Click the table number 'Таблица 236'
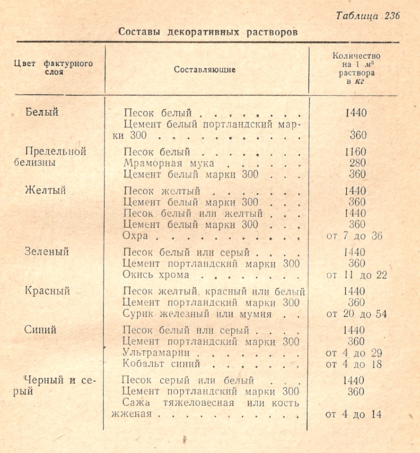tap(368, 16)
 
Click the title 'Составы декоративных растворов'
tap(208, 32)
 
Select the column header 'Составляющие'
tap(204, 70)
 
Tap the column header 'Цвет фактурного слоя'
tap(53, 69)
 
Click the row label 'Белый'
tap(42, 113)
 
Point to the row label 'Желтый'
tap(45, 190)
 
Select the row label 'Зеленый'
tap(46, 251)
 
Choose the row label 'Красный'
tap(47, 291)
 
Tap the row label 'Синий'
tap(40, 329)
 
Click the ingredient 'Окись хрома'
tap(156, 275)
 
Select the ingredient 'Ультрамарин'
tap(156, 353)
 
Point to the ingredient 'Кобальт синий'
tap(161, 364)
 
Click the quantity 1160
tap(355, 152)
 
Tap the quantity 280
tap(357, 163)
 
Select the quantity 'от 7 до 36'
tap(354, 236)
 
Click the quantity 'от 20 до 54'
tap(356, 314)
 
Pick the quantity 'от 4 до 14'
tap(353, 415)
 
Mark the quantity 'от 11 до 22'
tap(356, 275)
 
